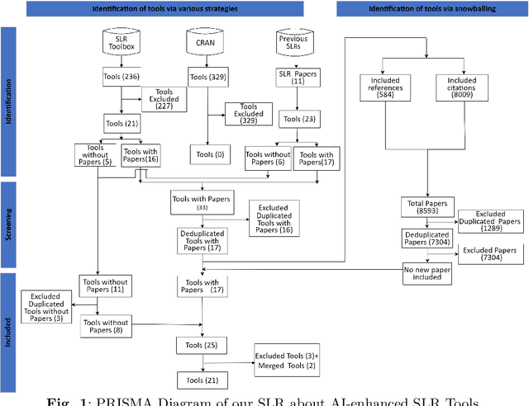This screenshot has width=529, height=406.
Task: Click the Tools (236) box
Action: coord(121,78)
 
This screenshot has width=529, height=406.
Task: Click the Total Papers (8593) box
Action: coord(427,206)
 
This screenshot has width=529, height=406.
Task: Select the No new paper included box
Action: coord(427,273)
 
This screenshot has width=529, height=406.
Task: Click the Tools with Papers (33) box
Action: coord(202,203)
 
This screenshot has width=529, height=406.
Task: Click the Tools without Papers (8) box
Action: coord(107,328)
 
